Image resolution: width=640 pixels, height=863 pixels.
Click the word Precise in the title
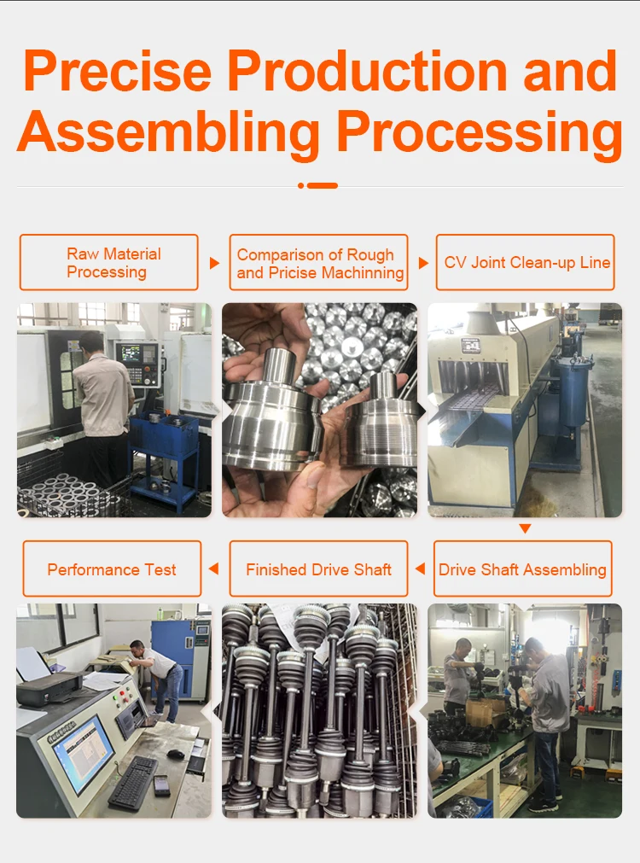118,71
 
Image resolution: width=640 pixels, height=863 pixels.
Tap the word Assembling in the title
169,132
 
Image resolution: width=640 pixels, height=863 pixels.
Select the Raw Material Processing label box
109,262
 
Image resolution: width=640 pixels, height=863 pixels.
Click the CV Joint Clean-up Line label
526,262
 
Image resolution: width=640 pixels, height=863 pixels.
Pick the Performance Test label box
113,569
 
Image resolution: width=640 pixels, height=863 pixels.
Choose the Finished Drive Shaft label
318,569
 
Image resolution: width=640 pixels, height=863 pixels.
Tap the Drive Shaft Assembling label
523,569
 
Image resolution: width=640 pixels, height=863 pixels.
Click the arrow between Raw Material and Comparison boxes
215,263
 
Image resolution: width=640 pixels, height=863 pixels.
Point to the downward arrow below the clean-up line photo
525,528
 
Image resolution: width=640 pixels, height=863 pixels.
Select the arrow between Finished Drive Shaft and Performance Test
214,569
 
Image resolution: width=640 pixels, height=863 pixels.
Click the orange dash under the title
318,185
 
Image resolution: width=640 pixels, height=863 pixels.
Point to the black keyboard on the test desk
133,783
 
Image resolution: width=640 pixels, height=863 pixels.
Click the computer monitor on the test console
84,753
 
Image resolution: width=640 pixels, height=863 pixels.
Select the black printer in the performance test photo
49,689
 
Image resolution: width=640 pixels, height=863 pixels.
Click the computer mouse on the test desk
175,754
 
